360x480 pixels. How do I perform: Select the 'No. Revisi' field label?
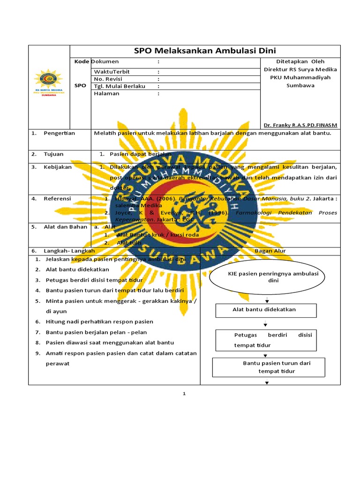tap(108, 79)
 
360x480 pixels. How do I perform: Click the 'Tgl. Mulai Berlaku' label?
tap(120, 86)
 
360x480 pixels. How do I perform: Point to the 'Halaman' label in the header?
tap(106, 93)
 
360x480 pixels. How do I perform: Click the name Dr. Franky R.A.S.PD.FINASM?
tap(300, 125)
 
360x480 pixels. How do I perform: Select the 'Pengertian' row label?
tap(59, 133)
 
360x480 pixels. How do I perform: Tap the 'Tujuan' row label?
tap(53, 154)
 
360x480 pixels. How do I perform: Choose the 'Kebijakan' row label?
tap(58, 167)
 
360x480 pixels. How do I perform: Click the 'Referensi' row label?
tap(57, 199)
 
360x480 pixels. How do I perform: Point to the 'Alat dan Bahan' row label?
tap(66, 227)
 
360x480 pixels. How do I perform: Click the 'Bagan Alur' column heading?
tap(270, 251)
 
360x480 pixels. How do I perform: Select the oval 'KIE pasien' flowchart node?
tap(266, 277)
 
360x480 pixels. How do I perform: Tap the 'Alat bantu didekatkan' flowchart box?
tap(266, 310)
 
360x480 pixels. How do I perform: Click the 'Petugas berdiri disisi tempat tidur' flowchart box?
tap(266, 340)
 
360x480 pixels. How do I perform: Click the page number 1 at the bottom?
tap(184, 394)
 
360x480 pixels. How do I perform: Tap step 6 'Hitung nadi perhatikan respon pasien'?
tap(99, 322)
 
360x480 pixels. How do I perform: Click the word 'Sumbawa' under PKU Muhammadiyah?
tap(300, 85)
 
